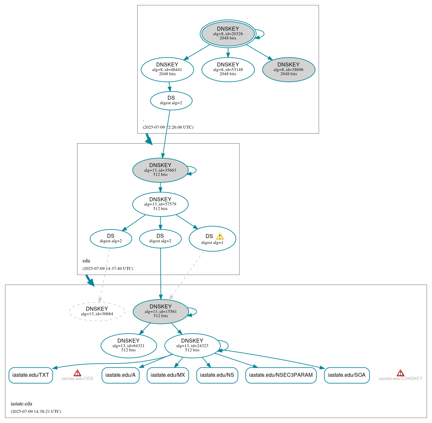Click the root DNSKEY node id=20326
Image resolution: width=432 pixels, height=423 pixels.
tap(228, 34)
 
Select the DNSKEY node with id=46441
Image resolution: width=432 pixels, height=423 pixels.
tap(167, 69)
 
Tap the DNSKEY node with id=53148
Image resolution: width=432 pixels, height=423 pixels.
tap(228, 69)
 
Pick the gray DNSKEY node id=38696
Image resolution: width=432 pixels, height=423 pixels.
tap(289, 69)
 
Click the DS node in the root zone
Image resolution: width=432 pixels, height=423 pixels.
tap(171, 101)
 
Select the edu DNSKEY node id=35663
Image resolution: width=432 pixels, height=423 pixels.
tap(160, 170)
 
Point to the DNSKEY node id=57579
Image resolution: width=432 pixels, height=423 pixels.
tap(160, 204)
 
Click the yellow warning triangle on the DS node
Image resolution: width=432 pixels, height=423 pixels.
tap(220, 236)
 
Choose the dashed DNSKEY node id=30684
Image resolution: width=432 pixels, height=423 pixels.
tap(97, 312)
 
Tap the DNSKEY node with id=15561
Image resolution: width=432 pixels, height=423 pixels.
tap(161, 312)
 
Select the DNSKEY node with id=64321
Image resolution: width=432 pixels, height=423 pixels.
tap(128, 345)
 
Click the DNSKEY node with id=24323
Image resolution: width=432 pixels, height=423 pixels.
tap(192, 345)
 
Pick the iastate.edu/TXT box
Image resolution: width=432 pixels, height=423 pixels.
tap(31, 375)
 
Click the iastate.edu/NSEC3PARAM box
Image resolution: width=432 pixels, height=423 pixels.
tap(281, 375)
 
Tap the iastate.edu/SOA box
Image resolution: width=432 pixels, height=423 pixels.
tap(346, 375)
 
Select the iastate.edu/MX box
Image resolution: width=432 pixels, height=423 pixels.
tap(168, 375)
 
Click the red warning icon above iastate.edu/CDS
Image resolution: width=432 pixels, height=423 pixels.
tap(77, 373)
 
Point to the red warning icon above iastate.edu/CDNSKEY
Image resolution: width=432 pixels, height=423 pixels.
tap(400, 373)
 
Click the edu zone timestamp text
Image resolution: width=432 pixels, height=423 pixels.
tap(108, 269)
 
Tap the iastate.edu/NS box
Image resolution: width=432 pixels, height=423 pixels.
tap(217, 375)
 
